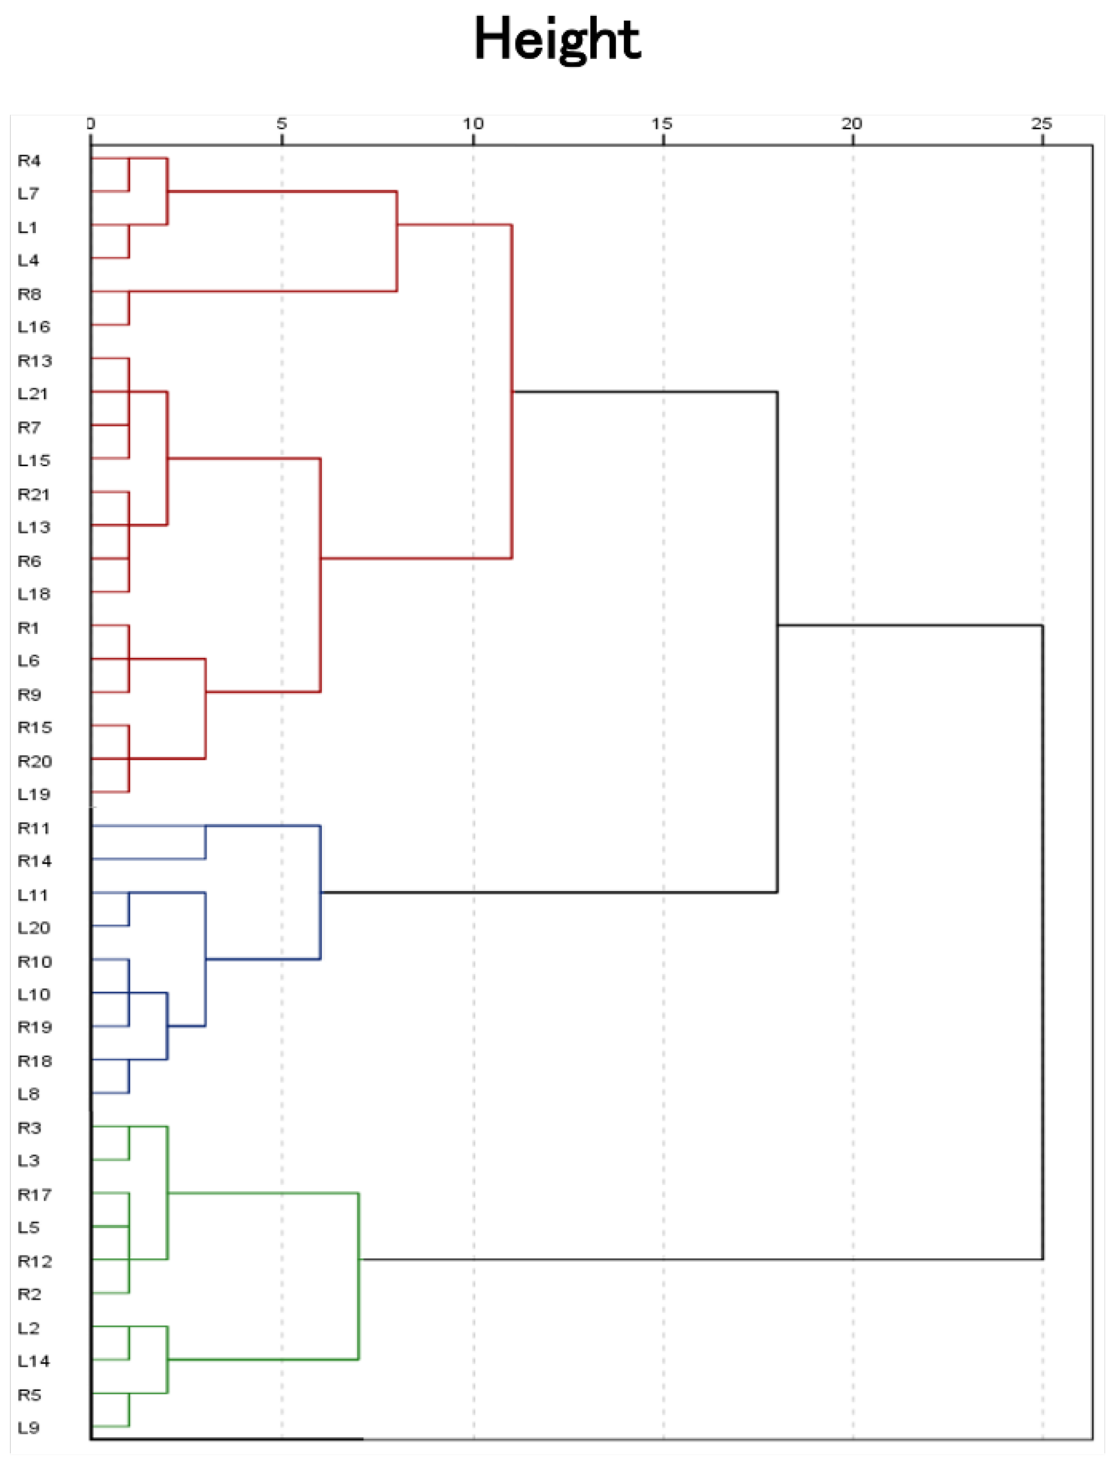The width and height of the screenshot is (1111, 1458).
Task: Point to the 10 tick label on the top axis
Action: tap(473, 124)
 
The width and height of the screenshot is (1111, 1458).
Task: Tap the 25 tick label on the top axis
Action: tap(1042, 124)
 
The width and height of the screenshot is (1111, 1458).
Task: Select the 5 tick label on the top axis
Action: tap(282, 124)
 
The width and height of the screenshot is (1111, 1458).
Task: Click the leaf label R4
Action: tap(29, 161)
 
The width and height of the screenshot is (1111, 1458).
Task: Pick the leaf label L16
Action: tap(34, 327)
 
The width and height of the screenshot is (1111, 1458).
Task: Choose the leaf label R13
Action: tap(34, 361)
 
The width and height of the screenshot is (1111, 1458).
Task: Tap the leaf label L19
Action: tap(34, 794)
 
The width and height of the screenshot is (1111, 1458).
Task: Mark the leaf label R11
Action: tap(34, 828)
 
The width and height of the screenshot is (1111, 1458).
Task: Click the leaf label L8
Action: tap(29, 1094)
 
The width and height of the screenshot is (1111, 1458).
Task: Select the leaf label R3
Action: tap(29, 1128)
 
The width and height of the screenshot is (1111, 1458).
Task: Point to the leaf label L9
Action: tap(29, 1427)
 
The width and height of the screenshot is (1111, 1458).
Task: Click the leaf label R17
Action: tap(34, 1195)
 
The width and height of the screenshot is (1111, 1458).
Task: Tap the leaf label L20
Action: tap(34, 928)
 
